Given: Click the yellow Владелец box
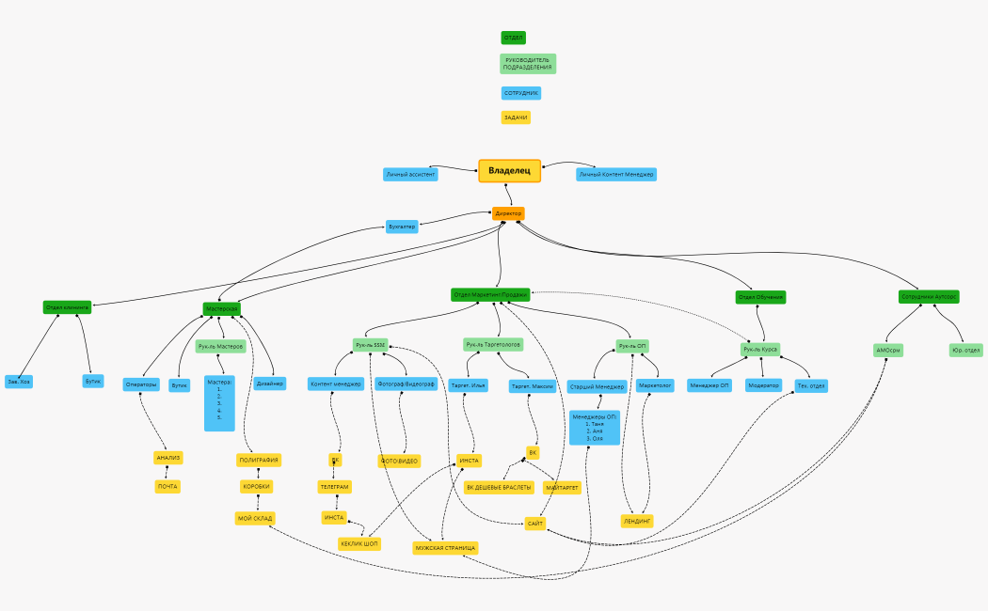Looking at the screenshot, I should (x=509, y=170).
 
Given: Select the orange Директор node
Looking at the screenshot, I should (x=508, y=213).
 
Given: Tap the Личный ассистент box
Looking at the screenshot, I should (x=410, y=174).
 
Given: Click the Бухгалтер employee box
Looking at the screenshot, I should (x=402, y=227).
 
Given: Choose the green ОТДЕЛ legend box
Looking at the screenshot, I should (x=514, y=38).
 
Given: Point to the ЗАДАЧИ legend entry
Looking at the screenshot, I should (x=516, y=117).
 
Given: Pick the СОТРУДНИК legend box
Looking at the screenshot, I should (x=521, y=93).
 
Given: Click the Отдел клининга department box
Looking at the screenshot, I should (x=67, y=307).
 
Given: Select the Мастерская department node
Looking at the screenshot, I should (x=221, y=308).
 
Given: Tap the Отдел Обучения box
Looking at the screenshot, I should (x=760, y=297).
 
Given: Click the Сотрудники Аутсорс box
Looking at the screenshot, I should (x=929, y=296).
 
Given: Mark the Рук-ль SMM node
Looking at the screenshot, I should (x=371, y=345).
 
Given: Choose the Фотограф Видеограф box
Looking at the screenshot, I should (x=406, y=384).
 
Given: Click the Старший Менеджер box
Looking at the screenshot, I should (x=597, y=385).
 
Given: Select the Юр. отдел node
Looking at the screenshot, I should (x=965, y=350).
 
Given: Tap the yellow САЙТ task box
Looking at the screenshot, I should (x=536, y=523).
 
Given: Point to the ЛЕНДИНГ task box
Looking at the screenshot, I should (x=637, y=520).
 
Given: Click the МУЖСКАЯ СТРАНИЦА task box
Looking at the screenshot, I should (x=446, y=547).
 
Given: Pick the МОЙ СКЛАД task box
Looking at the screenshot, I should (x=254, y=518).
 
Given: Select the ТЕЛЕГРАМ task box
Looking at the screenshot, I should (x=334, y=487).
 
